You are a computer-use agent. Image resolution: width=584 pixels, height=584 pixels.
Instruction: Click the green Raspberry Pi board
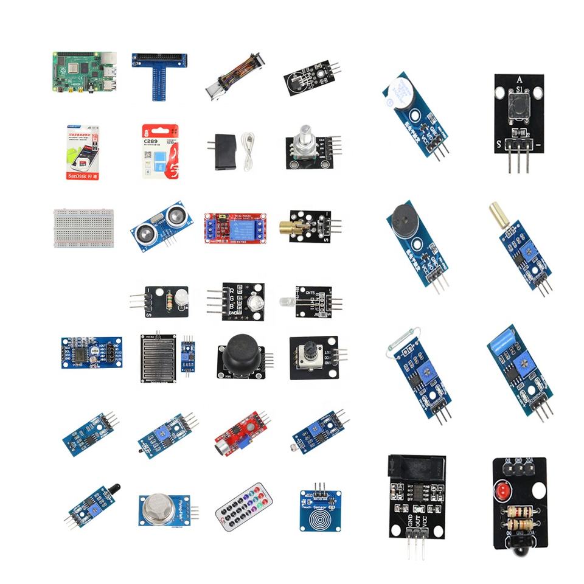[84, 72]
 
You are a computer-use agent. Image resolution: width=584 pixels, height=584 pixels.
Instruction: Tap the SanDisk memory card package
[83, 153]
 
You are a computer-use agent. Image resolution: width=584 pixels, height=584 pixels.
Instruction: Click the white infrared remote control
[243, 506]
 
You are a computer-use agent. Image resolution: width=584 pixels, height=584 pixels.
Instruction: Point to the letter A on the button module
[519, 80]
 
